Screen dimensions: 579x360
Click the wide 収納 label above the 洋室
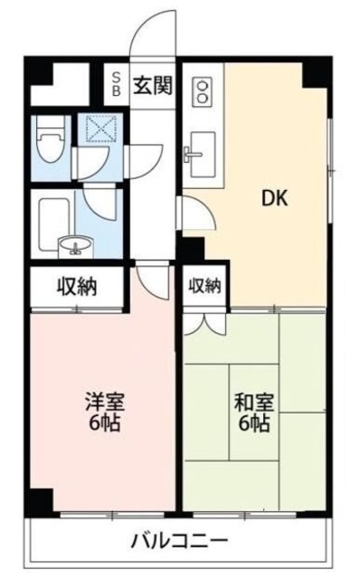(x=78, y=288)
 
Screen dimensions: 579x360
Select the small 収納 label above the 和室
(x=205, y=287)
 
